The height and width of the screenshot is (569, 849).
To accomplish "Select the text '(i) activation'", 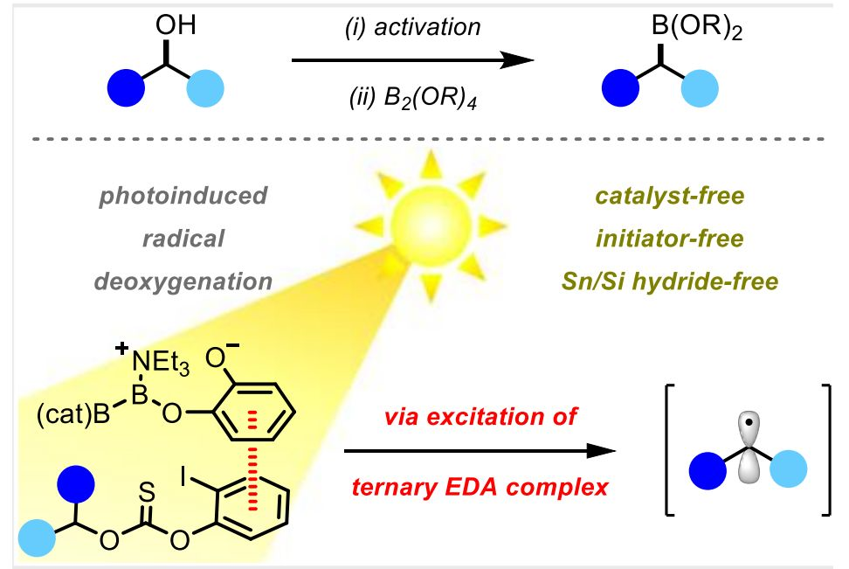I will click(x=412, y=27).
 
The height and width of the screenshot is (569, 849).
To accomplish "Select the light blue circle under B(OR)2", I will click(x=700, y=88).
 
